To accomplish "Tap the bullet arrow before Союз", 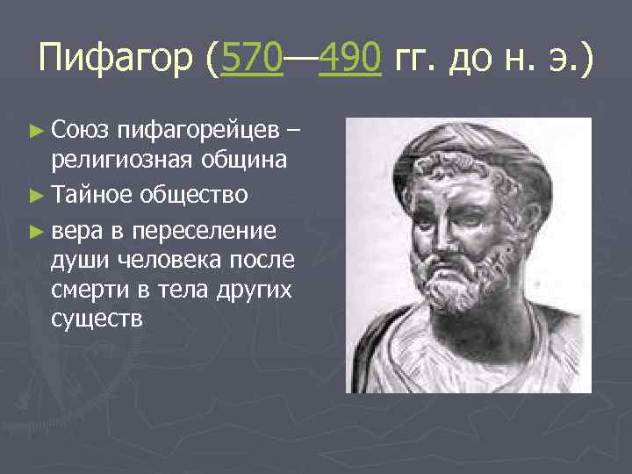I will (35, 132).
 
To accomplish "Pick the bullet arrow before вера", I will (35, 231).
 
